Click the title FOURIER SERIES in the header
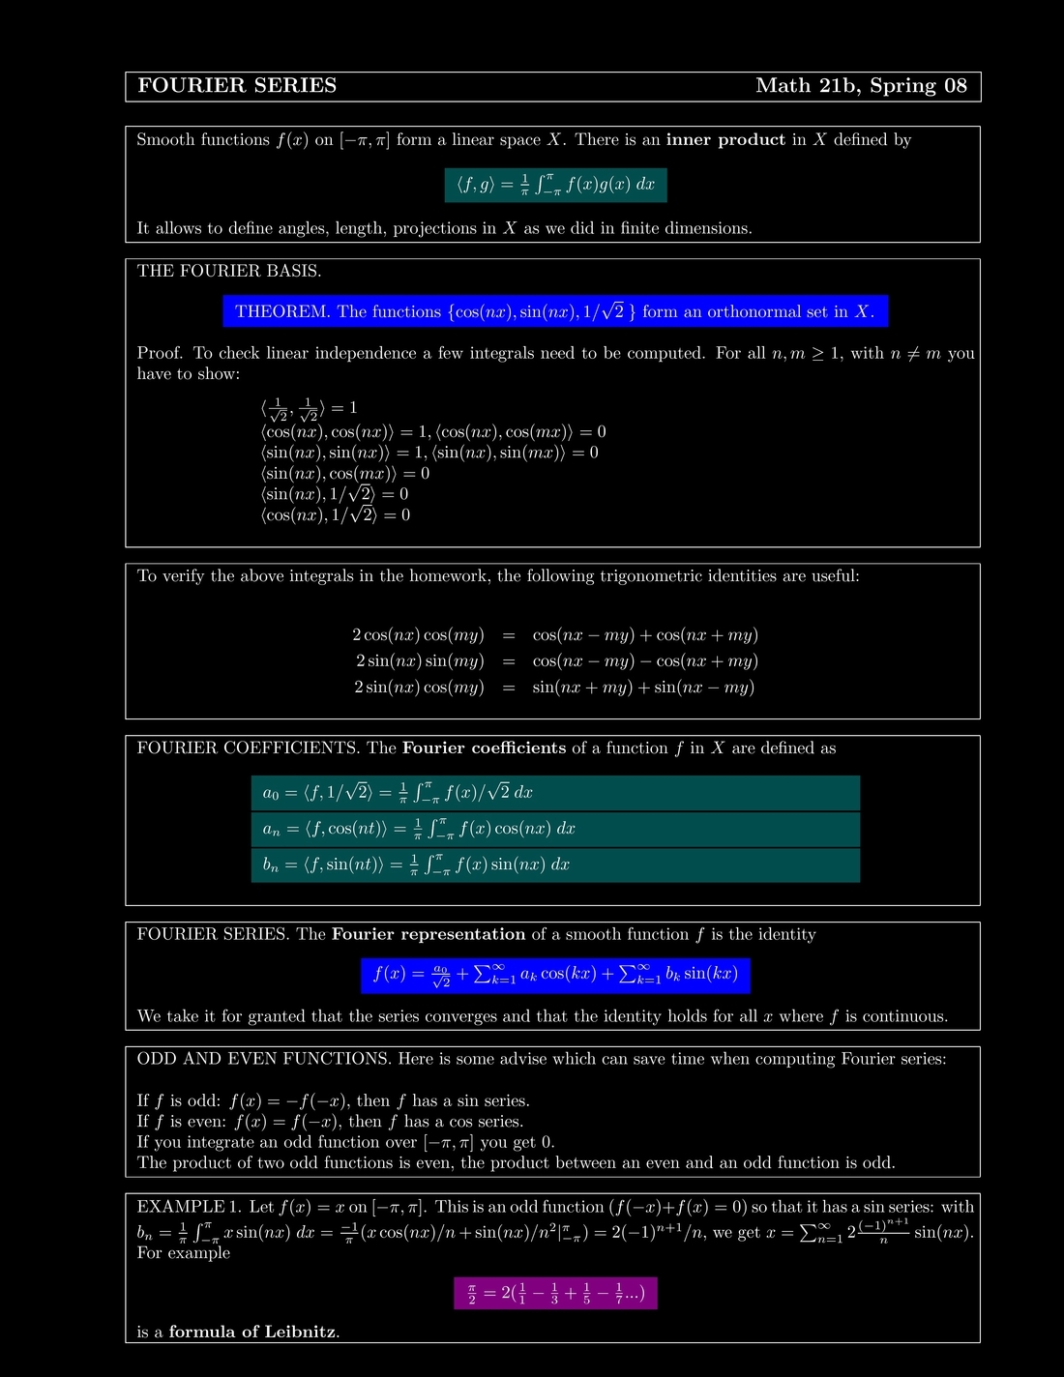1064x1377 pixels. click(x=237, y=86)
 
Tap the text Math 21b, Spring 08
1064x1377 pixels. click(x=861, y=86)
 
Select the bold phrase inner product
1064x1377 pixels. click(x=725, y=140)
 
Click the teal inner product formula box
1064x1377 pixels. click(x=556, y=185)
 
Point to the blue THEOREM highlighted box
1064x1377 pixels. click(x=555, y=311)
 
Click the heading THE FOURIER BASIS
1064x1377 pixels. click(x=229, y=271)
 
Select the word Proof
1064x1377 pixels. click(x=160, y=353)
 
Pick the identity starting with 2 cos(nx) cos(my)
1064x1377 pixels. click(x=554, y=635)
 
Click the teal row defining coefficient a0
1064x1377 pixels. click(x=555, y=793)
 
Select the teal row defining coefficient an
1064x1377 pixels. click(x=555, y=829)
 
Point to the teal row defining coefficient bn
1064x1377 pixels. click(x=555, y=864)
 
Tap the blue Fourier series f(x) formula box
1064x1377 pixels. click(x=556, y=975)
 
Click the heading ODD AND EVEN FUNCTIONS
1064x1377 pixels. click(x=264, y=1059)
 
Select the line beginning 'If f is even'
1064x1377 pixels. click(x=330, y=1122)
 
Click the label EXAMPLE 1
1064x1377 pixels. click(x=189, y=1207)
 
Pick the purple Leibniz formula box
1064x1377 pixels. click(x=555, y=1293)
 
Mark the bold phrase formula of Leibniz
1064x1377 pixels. click(x=252, y=1333)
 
